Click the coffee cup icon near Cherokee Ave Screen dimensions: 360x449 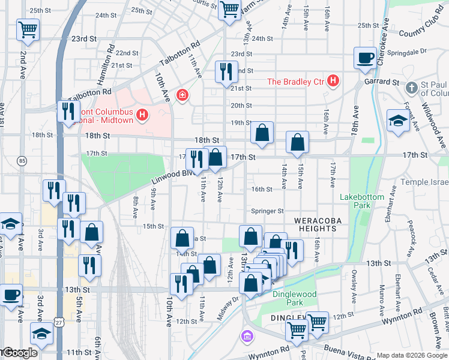[364, 58]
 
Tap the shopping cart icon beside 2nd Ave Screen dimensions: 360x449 [28, 29]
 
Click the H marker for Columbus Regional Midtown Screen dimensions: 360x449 [142, 114]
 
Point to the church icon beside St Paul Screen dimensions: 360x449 [411, 88]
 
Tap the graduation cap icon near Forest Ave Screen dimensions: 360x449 [398, 121]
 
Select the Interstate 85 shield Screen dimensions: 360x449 [22, 161]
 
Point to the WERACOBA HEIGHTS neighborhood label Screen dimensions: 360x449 [318, 224]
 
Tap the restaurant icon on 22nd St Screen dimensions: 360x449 [225, 72]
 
